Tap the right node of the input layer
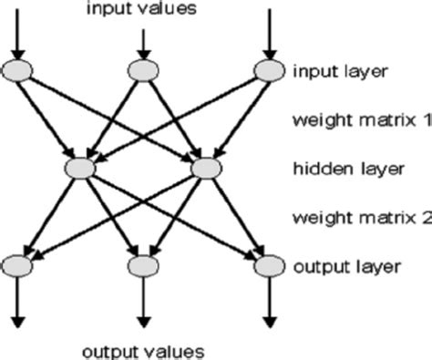tap(269, 70)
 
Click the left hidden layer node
tap(81, 169)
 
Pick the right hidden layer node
tap(207, 169)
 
